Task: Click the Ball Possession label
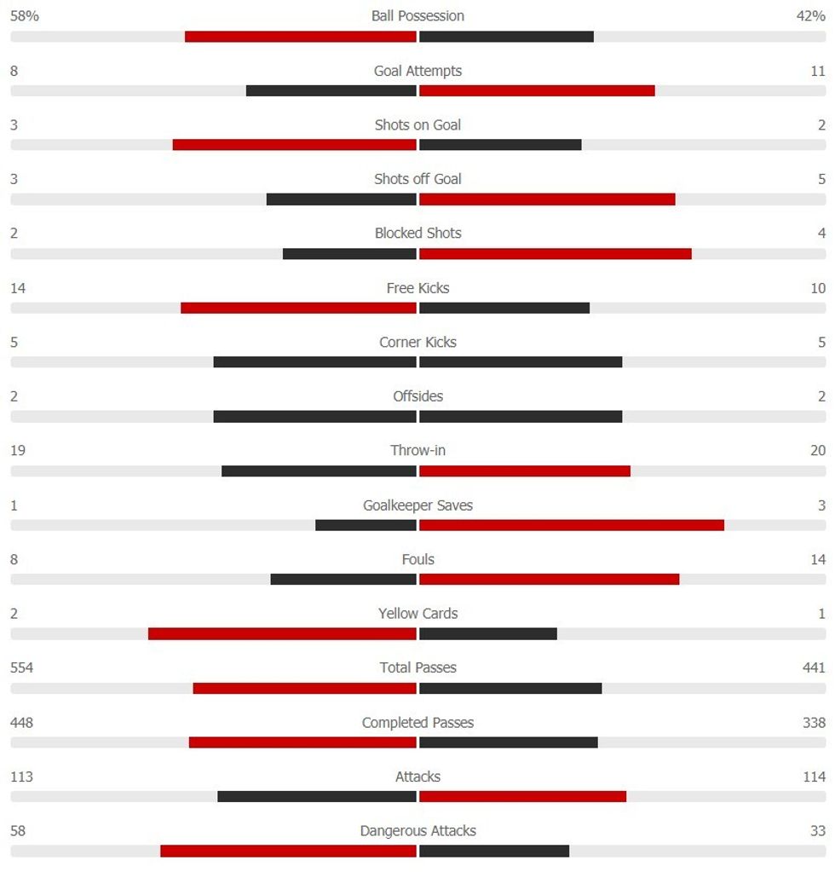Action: [417, 16]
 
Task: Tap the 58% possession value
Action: [25, 16]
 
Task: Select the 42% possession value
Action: [810, 16]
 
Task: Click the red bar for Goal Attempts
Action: [537, 90]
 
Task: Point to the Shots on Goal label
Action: [417, 125]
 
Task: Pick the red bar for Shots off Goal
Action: [547, 199]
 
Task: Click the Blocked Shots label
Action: [417, 234]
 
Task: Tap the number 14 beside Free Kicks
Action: [18, 288]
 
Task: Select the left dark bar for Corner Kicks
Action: [314, 362]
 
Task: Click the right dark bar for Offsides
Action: [521, 417]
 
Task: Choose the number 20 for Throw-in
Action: [818, 451]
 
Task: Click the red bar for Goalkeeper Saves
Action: [572, 525]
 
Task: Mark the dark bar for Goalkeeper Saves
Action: [366, 525]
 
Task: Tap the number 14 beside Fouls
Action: [818, 560]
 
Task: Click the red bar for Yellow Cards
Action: [282, 634]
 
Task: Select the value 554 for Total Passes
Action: [22, 668]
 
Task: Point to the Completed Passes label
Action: [417, 723]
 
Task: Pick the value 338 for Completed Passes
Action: [814, 723]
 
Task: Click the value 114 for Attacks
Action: [814, 777]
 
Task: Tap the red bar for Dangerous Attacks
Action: [288, 852]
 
